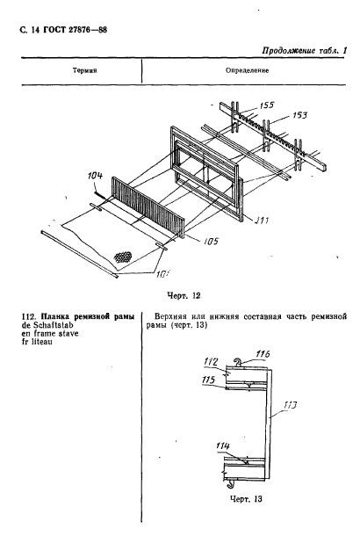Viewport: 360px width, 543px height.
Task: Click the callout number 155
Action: point(267,105)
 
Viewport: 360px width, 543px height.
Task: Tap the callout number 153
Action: point(299,114)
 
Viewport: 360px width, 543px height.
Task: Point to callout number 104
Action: point(95,176)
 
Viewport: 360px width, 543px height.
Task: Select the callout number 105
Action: point(211,241)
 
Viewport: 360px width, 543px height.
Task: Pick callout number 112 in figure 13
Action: point(211,362)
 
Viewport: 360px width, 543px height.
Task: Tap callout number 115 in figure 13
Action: point(208,380)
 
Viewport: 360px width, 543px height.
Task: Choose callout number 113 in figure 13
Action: point(290,404)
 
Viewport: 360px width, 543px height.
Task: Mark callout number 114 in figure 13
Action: point(222,445)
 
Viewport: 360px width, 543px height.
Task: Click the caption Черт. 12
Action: point(184,295)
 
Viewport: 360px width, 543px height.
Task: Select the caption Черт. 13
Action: point(246,499)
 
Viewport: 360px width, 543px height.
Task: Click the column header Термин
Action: point(85,70)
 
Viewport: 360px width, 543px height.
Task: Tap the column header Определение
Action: point(247,70)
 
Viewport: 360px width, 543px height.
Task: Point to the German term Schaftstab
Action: point(54,325)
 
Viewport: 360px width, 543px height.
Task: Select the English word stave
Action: point(68,334)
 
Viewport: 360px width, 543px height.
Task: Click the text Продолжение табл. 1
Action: point(305,51)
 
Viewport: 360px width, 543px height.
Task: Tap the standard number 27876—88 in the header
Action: point(87,30)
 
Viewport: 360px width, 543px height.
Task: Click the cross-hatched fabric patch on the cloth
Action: point(124,257)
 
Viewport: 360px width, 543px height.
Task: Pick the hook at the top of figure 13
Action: point(237,362)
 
